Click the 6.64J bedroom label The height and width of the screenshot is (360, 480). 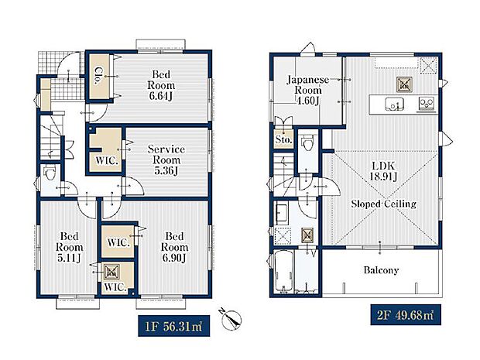coord(161,85)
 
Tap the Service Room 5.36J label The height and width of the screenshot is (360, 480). coord(166,160)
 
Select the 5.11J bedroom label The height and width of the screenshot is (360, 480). coord(69,247)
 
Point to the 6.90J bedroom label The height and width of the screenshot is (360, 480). coord(174,247)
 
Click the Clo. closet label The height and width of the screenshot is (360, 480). coord(98,76)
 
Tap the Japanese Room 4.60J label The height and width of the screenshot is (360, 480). coord(308,91)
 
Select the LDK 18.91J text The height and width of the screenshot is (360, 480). coord(383,171)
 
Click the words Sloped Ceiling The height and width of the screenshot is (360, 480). coord(383,204)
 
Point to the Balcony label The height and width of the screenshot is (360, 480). coord(381,270)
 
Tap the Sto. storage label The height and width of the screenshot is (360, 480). coord(283,140)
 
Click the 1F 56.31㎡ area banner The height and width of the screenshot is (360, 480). coord(174,326)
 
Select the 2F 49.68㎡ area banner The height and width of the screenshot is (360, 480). coord(406,314)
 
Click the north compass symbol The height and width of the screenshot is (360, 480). coord(231,320)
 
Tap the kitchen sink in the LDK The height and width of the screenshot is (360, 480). coord(394,104)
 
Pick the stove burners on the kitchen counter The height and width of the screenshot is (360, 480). coord(427,103)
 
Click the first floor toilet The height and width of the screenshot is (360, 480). coord(50,173)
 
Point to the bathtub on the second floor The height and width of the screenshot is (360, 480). coord(283,271)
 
